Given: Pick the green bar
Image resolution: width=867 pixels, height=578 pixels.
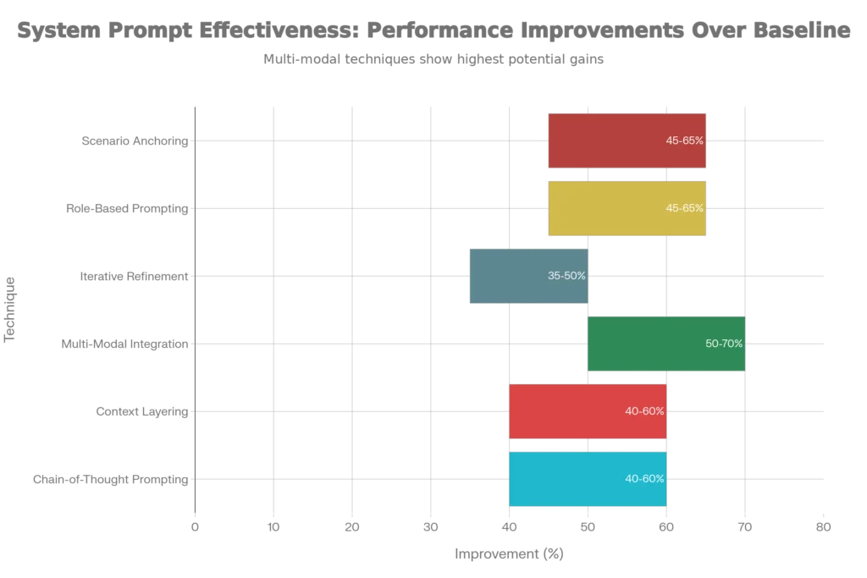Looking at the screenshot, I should point(652,344).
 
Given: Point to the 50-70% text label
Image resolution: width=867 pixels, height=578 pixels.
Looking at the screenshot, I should point(724,344).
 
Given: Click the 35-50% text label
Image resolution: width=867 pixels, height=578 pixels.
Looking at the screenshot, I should point(566,276).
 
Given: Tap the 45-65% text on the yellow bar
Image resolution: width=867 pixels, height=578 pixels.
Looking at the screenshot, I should point(685,208).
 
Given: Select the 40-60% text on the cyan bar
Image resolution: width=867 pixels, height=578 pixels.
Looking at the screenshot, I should point(644,479).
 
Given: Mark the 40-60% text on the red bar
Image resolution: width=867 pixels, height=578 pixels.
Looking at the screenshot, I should point(644,411).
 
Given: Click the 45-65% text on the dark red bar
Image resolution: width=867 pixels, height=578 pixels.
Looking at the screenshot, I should point(685,140).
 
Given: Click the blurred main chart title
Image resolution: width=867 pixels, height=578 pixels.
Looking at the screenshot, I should point(433,31).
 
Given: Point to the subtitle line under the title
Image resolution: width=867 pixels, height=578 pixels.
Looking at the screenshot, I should point(437,60).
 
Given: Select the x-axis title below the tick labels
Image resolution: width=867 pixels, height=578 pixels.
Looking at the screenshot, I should point(511,553).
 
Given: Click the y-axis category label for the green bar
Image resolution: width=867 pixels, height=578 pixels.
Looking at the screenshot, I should point(125,345).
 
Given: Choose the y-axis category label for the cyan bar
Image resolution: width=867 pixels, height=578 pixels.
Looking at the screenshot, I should point(108,481).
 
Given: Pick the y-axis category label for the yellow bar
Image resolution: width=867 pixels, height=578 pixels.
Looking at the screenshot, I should point(125,209).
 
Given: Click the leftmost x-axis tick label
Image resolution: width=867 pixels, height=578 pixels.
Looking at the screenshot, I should point(196,528).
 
